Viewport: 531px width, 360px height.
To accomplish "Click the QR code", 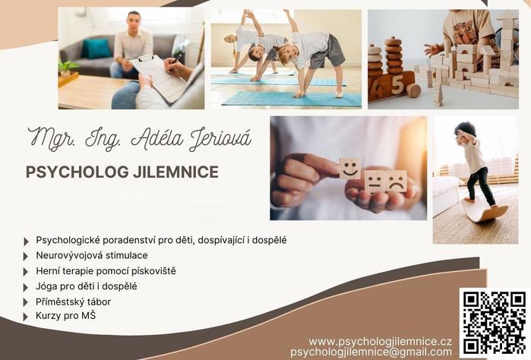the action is point(495,323).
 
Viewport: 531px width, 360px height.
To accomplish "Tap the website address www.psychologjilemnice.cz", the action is point(380,341).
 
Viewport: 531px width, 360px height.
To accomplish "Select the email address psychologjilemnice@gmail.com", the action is point(371,352).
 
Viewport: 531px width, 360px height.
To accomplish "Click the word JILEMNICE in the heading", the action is point(175,172).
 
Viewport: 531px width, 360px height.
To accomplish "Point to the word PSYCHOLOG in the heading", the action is point(77,172).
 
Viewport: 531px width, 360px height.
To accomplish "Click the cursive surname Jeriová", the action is point(220,139).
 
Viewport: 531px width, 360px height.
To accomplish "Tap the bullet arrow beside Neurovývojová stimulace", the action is point(26,257).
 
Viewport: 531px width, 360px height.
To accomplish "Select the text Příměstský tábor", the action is point(73,302).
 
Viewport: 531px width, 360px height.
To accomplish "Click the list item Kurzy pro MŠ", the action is point(65,316).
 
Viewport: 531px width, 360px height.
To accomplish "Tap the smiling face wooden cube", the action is point(350,168).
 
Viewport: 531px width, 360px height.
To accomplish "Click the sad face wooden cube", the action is point(397,182).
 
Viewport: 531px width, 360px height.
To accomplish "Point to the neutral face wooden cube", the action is point(375,182).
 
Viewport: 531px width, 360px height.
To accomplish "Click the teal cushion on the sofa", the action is point(96,49).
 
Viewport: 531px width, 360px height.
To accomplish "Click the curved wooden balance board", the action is point(485,210).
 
